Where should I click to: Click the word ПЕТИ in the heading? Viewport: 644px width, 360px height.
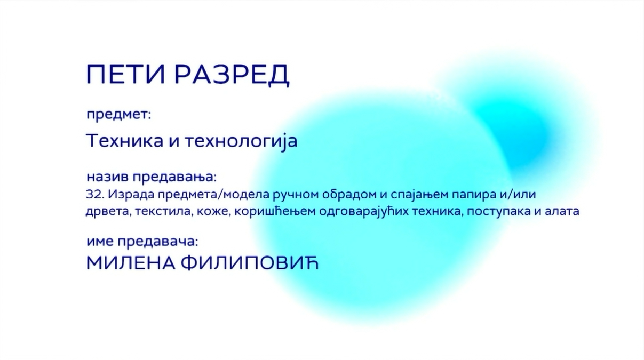(x=126, y=74)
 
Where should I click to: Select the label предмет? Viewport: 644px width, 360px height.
(x=119, y=115)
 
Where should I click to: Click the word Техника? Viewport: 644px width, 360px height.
(x=125, y=141)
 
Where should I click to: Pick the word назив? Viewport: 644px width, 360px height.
(x=107, y=177)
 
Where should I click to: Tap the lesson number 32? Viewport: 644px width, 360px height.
(x=95, y=195)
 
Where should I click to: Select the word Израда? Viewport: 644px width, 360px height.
(x=131, y=195)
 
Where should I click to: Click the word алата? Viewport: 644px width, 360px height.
(x=561, y=211)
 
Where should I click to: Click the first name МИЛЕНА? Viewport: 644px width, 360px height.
(x=131, y=263)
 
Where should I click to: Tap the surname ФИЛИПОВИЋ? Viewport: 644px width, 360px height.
(x=250, y=263)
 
